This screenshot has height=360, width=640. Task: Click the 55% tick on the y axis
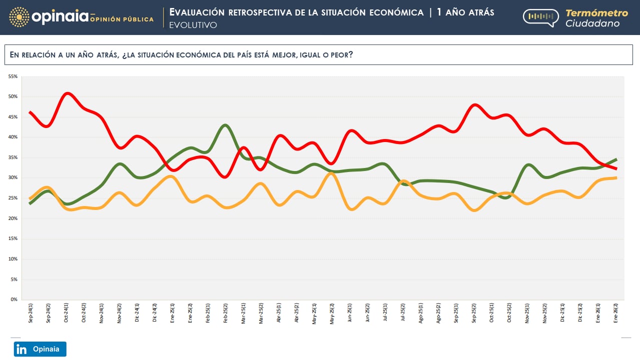point(13,76)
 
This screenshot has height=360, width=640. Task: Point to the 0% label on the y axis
point(14,299)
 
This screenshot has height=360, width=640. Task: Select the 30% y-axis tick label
point(13,178)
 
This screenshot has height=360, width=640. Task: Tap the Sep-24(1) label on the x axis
point(31,313)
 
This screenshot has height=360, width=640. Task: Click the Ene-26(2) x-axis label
point(615,313)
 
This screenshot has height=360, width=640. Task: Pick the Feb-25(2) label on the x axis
point(226,313)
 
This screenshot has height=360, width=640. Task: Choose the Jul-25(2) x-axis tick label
point(403,313)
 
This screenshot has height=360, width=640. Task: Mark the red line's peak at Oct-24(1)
point(68,93)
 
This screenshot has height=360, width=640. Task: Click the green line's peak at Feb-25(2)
point(226,125)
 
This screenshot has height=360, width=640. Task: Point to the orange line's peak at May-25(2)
point(331,173)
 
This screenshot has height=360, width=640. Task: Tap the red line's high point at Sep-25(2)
point(474,105)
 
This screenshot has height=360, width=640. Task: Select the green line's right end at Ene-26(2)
point(615,159)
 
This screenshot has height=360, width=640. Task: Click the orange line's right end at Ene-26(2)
point(615,177)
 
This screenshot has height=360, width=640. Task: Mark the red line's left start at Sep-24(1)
point(31,112)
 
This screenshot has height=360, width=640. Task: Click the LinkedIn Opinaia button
point(40,349)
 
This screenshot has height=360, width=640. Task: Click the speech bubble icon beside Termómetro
point(540,17)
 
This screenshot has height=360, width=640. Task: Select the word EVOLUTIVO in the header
point(193,25)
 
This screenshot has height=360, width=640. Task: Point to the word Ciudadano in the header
point(592,23)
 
